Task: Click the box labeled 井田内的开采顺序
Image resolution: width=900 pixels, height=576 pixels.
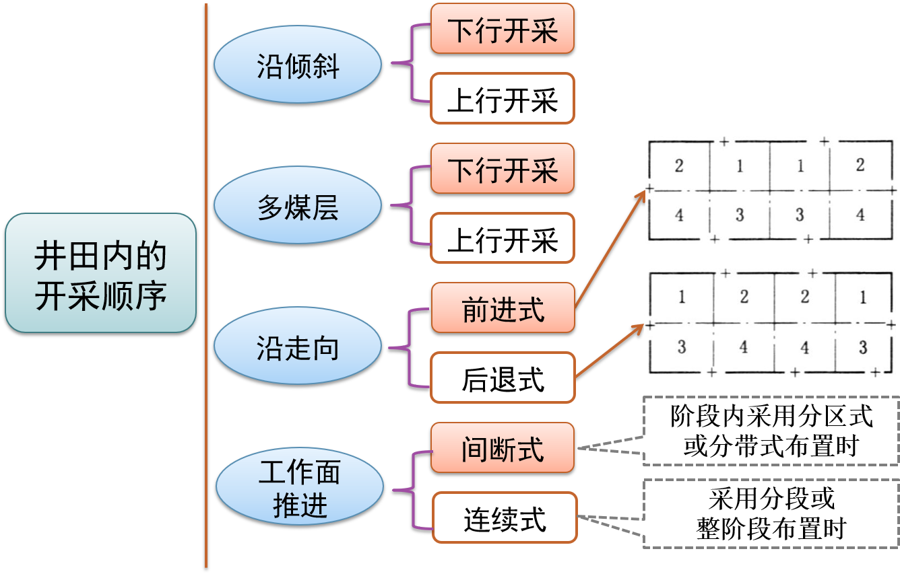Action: [100, 273]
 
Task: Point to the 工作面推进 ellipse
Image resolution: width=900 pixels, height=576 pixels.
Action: [299, 487]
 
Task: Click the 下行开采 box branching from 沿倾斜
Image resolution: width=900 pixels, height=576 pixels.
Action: [503, 28]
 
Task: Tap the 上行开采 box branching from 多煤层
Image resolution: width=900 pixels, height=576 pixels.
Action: [503, 238]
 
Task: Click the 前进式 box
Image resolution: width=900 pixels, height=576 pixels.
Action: [503, 308]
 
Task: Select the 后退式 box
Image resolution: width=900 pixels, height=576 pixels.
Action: [503, 377]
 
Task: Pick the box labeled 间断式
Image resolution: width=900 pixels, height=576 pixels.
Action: [503, 447]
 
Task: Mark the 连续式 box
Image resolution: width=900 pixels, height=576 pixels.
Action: [505, 517]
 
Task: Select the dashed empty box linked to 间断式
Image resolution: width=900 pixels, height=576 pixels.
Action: [771, 431]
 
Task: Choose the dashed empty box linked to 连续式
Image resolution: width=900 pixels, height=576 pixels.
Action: [771, 513]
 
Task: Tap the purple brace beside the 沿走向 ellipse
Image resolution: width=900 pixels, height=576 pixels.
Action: [410, 348]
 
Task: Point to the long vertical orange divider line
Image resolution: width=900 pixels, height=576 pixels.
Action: [205, 283]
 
